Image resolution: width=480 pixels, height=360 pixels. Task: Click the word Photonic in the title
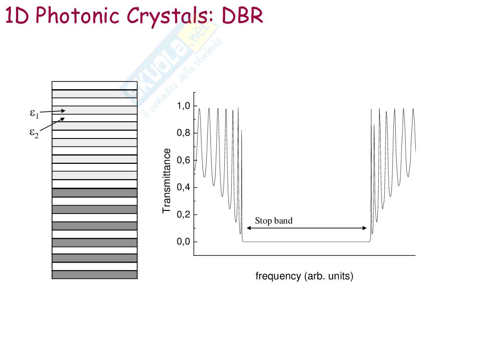77,16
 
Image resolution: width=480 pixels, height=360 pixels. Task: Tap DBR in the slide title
242,15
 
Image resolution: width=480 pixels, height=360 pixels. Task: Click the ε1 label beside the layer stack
34,114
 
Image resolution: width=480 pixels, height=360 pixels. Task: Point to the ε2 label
34,133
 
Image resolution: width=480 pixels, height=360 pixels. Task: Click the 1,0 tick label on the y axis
183,106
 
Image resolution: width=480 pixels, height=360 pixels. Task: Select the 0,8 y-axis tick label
183,133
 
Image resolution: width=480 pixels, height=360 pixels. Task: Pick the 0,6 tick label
183,160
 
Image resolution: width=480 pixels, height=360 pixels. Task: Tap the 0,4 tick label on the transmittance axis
183,187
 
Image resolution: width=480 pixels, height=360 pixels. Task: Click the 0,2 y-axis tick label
183,215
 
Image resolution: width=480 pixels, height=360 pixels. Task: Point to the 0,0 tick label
183,242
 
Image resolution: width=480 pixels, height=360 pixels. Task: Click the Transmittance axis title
166,181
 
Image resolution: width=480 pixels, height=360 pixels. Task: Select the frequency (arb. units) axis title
304,276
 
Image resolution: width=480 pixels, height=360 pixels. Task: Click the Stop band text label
273,221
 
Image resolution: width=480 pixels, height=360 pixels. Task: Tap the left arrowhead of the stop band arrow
249,228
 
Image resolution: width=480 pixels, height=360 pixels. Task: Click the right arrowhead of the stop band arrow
364,228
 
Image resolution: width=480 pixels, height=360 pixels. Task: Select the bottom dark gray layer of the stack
95,275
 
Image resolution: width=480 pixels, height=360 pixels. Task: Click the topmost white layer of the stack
95,85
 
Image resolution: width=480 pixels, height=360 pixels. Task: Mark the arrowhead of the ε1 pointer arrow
63,111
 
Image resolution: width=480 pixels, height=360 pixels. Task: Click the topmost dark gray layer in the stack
95,193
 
